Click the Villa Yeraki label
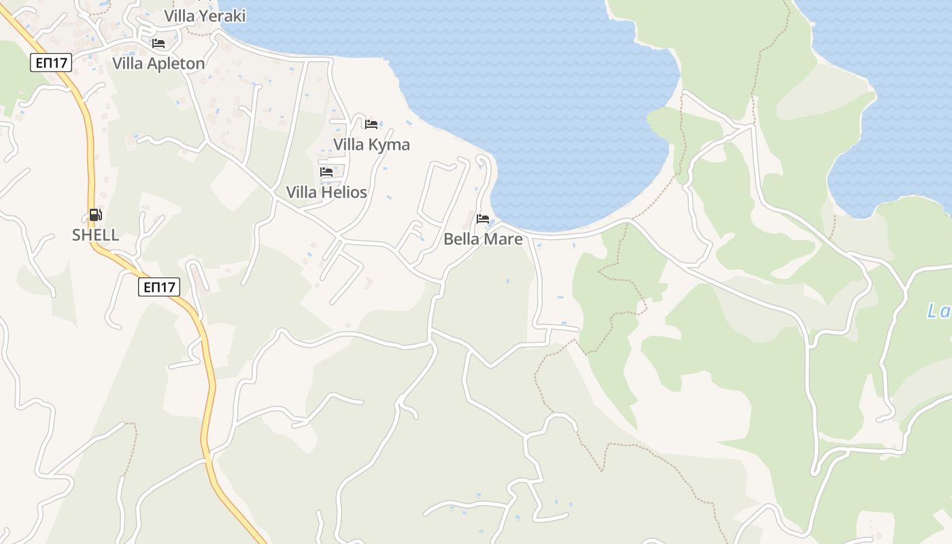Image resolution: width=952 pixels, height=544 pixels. coord(205,15)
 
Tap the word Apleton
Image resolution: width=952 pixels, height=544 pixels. coord(175,63)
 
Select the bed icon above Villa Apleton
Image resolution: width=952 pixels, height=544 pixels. coord(158,44)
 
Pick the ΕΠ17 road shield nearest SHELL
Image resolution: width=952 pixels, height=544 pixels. coord(159,287)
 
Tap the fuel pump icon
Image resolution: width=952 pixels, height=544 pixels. coord(96,216)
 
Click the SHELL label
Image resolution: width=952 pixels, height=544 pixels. coord(96,235)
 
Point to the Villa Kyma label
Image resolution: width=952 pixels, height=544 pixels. coord(371,144)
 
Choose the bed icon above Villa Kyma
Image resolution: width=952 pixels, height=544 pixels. coord(371,124)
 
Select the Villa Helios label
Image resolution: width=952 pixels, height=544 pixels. coord(326,192)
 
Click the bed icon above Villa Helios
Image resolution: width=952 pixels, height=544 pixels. coord(326,172)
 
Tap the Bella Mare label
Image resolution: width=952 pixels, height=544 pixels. coord(483,239)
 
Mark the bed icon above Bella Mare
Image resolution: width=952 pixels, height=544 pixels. coord(483,219)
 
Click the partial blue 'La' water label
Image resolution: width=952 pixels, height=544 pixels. coord(939,311)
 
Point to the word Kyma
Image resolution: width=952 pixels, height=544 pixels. coord(388,144)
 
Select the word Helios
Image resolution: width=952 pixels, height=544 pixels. coord(345,192)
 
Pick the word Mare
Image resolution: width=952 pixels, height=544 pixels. coord(504,239)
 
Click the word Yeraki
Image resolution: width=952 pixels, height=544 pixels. coord(222,15)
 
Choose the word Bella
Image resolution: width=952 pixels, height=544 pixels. coord(462,239)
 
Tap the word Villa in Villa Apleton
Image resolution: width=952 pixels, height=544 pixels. coord(127,63)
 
